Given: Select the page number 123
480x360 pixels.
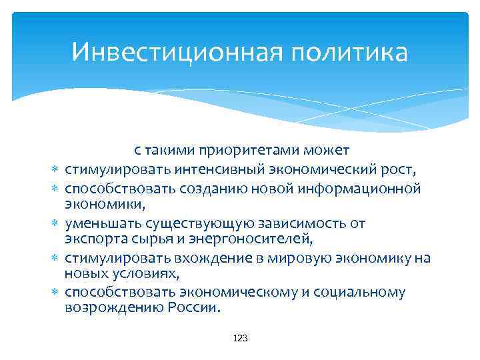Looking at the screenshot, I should coord(240,339).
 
